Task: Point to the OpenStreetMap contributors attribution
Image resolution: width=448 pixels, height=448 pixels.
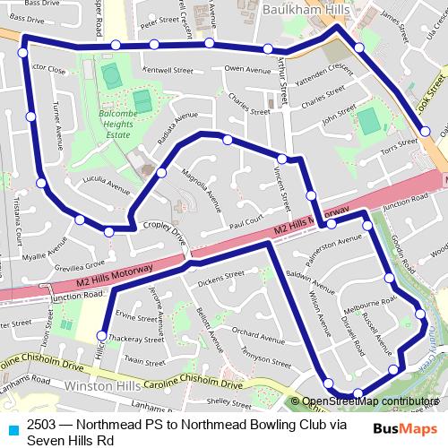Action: click(370, 401)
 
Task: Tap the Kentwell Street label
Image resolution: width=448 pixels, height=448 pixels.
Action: click(168, 69)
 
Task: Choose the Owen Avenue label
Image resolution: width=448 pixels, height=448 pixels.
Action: click(247, 69)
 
